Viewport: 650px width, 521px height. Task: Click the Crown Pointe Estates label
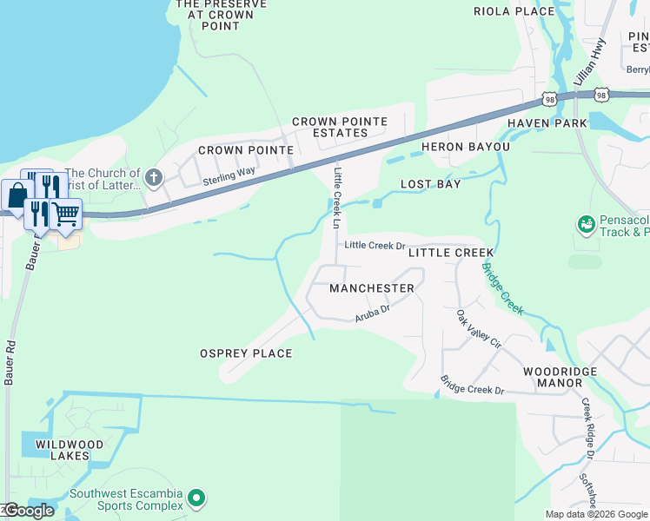pos(329,127)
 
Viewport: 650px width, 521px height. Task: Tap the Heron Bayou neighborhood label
pos(465,147)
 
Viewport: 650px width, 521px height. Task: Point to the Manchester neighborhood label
pos(372,287)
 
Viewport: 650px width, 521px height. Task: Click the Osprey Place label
pos(246,353)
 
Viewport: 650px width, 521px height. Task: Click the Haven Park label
pos(547,123)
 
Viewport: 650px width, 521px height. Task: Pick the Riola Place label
pos(514,11)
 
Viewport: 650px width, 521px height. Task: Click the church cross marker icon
pos(153,179)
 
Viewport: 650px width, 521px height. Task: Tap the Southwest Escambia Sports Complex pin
pos(196,498)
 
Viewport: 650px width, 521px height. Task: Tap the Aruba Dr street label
pos(372,313)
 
